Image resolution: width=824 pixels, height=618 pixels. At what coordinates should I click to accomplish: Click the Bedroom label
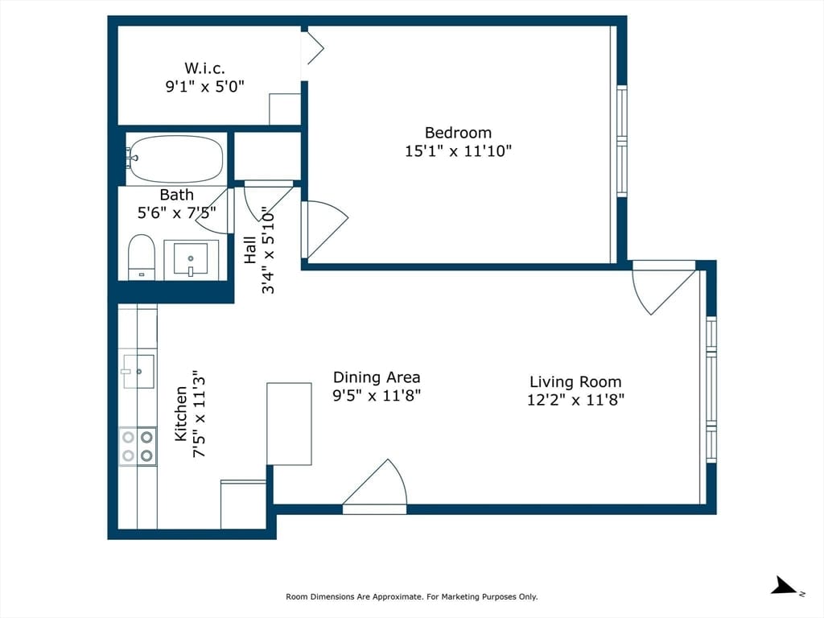pos(458,133)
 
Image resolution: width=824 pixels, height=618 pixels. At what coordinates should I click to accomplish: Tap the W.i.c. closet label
pos(204,68)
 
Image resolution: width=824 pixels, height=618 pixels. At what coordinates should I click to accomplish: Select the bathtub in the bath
pos(175,159)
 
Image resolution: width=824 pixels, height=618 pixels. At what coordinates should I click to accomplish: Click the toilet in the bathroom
pos(142,257)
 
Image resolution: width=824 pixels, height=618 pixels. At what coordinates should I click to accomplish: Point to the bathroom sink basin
pos(190,258)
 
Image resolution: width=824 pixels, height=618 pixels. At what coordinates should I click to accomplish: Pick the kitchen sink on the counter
pos(138,371)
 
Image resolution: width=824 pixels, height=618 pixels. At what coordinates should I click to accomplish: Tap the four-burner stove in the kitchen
pos(138,446)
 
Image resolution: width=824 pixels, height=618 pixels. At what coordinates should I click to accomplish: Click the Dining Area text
pos(377,377)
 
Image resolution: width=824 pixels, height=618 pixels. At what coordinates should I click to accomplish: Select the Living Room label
pos(575,381)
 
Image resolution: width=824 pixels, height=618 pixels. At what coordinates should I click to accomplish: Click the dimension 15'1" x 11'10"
pos(458,151)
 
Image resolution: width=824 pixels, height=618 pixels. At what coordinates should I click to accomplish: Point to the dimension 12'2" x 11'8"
pos(575,400)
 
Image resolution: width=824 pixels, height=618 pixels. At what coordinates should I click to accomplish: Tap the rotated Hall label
pos(249,249)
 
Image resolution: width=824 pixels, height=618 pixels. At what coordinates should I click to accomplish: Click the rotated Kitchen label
pos(181,414)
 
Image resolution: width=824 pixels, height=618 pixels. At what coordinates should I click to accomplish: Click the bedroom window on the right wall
pos(622,141)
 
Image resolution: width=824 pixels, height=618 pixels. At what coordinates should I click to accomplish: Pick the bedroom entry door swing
pos(325,230)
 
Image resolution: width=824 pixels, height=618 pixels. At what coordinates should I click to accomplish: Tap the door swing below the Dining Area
pos(375,486)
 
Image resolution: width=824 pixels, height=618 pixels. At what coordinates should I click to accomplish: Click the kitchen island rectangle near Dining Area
pos(289,423)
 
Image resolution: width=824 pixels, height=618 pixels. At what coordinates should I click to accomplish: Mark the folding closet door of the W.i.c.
pos(313,47)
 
